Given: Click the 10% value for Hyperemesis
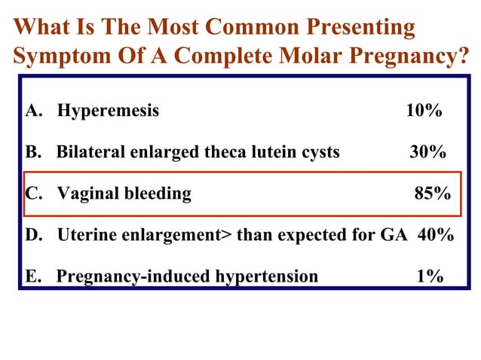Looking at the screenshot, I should [424, 111].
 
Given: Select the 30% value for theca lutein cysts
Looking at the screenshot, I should [427, 152].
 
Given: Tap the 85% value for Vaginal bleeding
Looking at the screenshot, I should [433, 194].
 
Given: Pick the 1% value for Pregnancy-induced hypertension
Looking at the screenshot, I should [430, 276].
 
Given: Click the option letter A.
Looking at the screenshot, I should [33, 111].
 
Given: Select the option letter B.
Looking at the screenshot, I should [33, 152].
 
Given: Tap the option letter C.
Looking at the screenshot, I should [33, 194].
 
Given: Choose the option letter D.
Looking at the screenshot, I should [33, 235].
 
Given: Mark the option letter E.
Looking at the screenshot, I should [32, 276].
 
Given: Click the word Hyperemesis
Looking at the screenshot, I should [109, 111].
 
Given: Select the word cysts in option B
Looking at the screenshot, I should [320, 152].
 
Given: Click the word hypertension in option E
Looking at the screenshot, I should [268, 276].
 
